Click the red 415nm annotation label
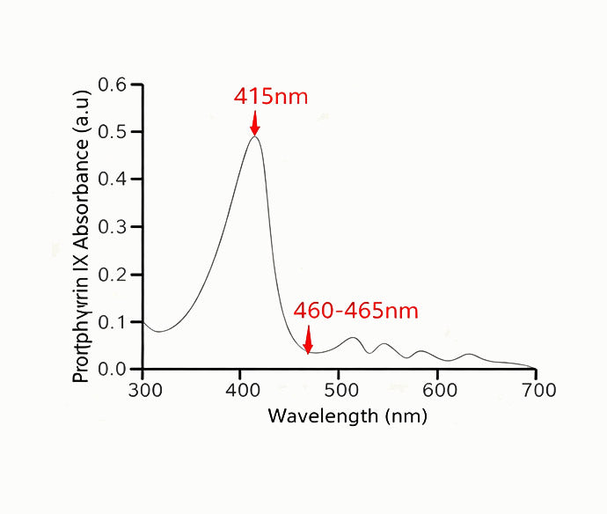271,96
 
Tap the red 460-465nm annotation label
355,311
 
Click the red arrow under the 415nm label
255,122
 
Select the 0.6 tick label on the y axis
113,85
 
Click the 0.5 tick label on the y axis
113,133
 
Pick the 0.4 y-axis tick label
113,180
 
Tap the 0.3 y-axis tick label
113,227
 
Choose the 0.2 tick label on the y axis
113,275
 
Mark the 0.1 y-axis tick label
113,322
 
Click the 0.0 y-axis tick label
113,369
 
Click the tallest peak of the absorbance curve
255,136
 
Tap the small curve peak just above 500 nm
354,338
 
